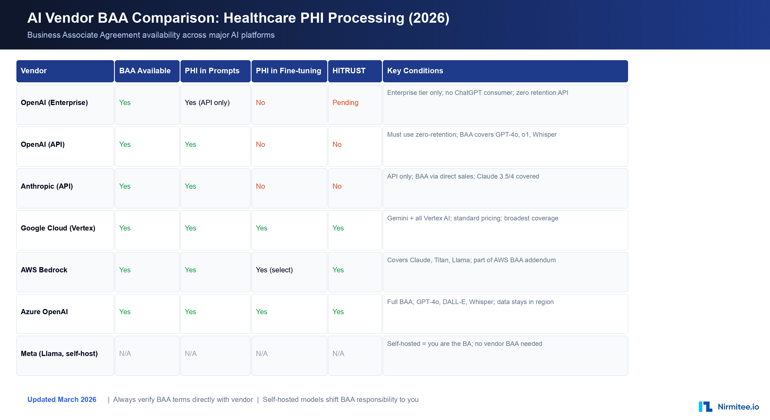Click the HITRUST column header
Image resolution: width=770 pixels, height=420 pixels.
pyautogui.click(x=349, y=71)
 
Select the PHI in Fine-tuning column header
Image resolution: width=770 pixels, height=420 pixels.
pyautogui.click(x=288, y=71)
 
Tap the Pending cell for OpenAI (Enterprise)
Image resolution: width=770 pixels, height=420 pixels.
pyautogui.click(x=345, y=103)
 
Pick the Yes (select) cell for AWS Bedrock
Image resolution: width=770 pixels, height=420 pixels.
pyautogui.click(x=274, y=270)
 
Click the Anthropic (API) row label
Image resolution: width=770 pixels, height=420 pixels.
pyautogui.click(x=47, y=186)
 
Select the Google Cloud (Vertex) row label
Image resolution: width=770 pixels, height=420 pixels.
pyautogui.click(x=58, y=228)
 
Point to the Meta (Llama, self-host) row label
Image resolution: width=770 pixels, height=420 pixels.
pyautogui.click(x=59, y=354)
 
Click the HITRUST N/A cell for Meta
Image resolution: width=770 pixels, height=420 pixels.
pyautogui.click(x=338, y=354)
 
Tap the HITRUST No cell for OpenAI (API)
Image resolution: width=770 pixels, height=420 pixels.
pyautogui.click(x=337, y=144)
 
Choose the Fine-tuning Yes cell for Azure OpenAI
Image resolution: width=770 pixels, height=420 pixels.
pyautogui.click(x=262, y=312)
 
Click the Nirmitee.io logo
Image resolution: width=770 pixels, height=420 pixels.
pyautogui.click(x=728, y=407)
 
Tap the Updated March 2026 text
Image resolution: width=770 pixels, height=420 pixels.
pyautogui.click(x=62, y=400)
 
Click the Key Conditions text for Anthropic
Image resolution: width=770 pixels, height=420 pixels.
pyautogui.click(x=463, y=176)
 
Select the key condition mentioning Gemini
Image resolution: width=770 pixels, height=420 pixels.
pyautogui.click(x=472, y=218)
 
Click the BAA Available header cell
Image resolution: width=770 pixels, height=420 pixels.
pyautogui.click(x=145, y=71)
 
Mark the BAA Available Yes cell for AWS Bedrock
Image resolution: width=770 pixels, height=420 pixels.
pyautogui.click(x=125, y=270)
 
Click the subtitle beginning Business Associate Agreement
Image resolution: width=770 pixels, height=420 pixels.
pyautogui.click(x=151, y=35)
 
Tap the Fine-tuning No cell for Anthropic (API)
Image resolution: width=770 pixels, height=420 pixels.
pyautogui.click(x=260, y=186)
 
